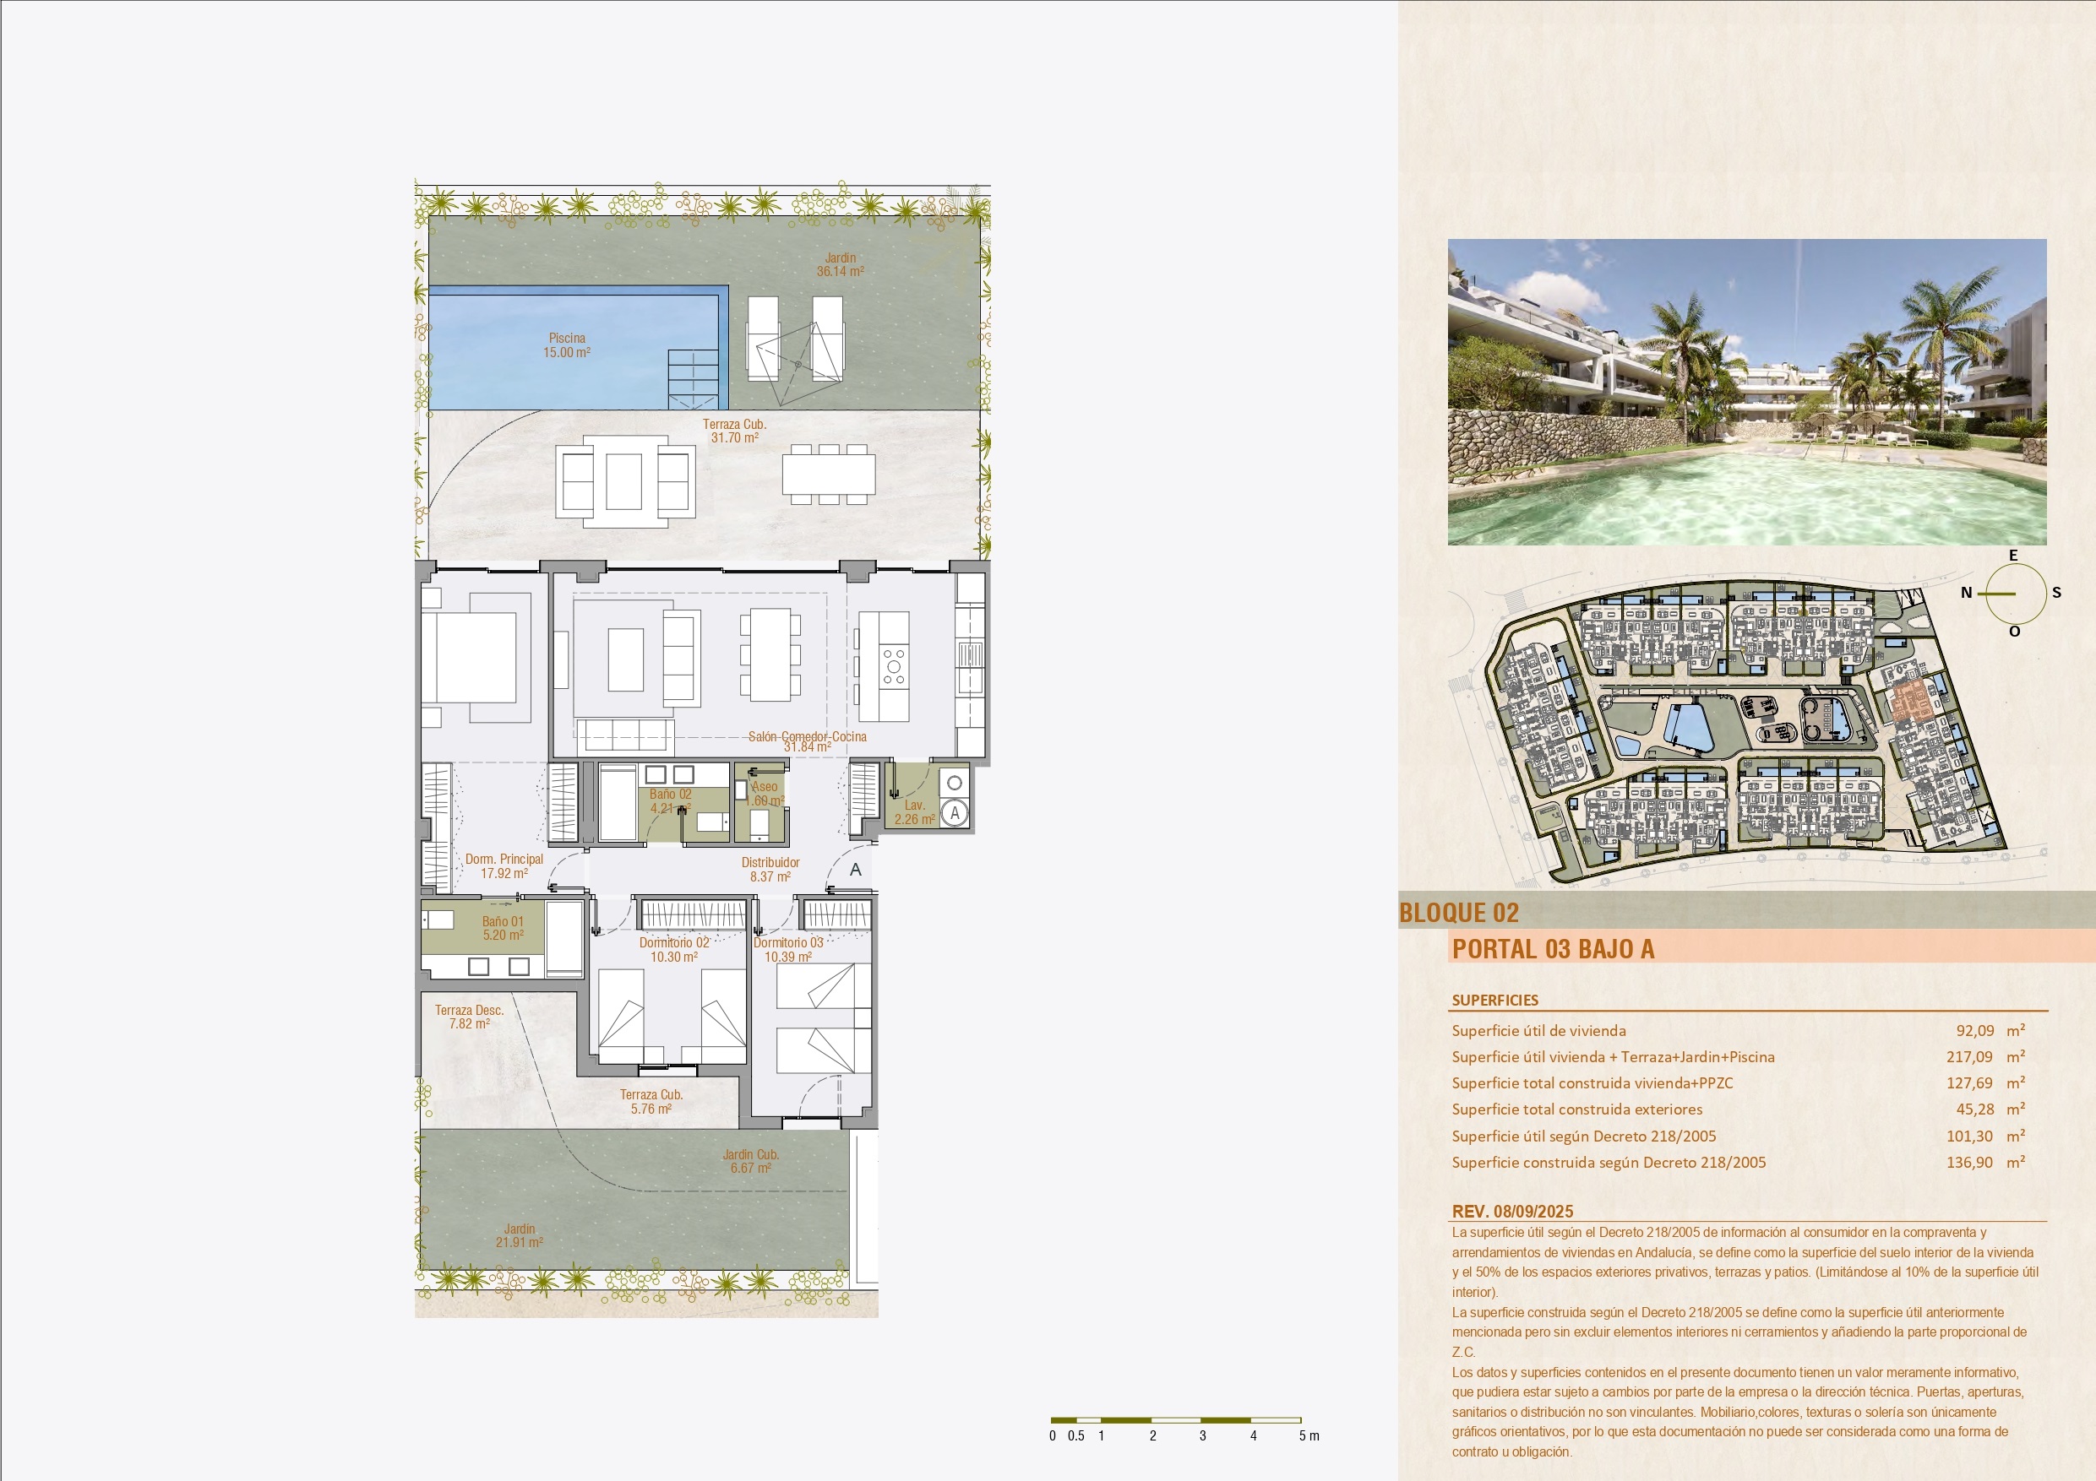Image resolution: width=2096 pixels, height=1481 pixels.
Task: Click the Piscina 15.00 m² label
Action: (567, 345)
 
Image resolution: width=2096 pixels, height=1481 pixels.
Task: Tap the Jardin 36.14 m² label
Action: (840, 264)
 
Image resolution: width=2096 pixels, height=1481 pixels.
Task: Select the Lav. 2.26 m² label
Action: (915, 812)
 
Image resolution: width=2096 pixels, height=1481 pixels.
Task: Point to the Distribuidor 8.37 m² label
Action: (770, 870)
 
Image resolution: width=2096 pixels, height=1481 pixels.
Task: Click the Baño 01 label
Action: (503, 922)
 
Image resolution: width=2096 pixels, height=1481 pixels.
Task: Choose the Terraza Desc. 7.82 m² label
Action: (469, 1017)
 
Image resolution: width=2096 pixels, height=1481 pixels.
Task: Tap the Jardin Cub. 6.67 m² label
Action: (750, 1161)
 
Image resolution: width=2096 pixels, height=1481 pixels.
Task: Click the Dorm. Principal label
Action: (504, 859)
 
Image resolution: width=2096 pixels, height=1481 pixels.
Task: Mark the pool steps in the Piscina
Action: (694, 380)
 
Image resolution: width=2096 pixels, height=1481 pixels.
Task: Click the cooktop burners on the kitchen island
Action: (894, 666)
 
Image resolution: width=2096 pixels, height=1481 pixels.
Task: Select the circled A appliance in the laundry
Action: (954, 812)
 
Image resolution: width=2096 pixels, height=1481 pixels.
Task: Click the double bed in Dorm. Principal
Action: (476, 657)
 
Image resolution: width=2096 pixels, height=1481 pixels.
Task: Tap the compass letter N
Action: (1967, 593)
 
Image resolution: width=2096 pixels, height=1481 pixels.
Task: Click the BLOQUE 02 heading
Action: (1459, 913)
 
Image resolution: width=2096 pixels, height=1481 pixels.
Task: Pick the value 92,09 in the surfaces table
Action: (1974, 1030)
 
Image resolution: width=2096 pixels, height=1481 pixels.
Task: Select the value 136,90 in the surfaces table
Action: (1970, 1162)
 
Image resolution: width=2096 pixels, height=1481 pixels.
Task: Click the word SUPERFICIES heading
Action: (1495, 1000)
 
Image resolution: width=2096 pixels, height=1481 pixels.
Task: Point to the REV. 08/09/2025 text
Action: (1513, 1212)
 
